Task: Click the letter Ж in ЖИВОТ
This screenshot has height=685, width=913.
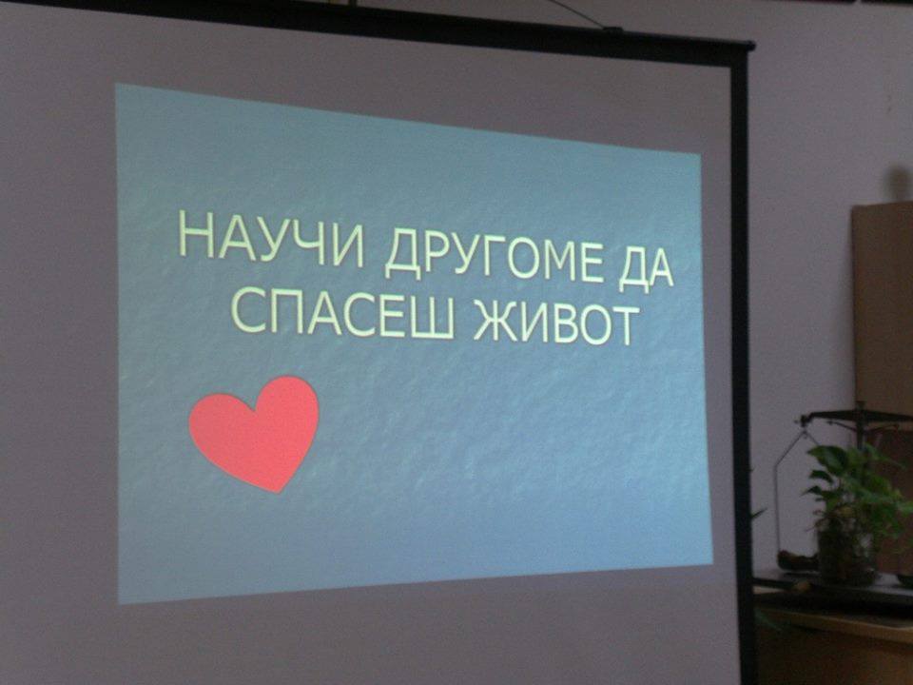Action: pyautogui.click(x=495, y=321)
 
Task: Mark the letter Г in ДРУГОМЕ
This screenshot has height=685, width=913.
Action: pyautogui.click(x=494, y=256)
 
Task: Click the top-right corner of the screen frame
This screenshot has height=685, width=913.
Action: pyautogui.click(x=750, y=46)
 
